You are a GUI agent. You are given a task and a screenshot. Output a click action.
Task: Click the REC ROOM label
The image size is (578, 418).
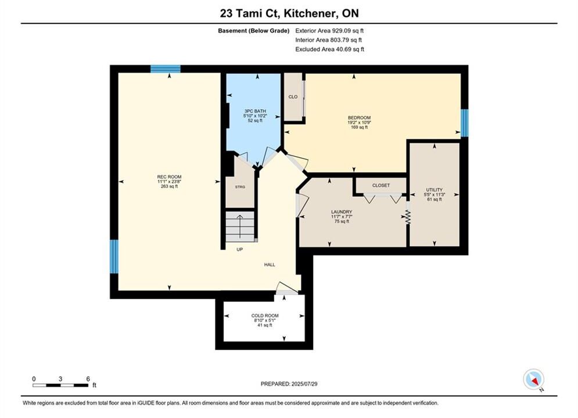point(169,176)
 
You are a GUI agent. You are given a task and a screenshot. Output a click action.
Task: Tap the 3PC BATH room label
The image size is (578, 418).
point(255,111)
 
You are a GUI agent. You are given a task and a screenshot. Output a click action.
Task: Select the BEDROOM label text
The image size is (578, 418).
point(359,118)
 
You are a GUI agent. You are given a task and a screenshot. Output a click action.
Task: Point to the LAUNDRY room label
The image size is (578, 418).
point(342,212)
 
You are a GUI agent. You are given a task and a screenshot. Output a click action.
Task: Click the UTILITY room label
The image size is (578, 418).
point(435,190)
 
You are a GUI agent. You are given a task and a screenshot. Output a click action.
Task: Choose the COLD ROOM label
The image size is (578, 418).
point(265,316)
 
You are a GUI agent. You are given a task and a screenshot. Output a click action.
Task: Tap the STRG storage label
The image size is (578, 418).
point(240,187)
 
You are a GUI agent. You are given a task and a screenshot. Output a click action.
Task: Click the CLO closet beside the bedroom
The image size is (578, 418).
point(293,97)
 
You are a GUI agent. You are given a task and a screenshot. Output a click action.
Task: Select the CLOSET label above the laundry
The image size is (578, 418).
point(381,185)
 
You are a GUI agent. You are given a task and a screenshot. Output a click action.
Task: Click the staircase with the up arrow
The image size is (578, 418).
point(240,226)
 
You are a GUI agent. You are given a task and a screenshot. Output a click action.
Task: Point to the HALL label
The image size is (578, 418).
point(270,264)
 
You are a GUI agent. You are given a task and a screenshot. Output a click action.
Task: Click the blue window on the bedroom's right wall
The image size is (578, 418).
point(465,122)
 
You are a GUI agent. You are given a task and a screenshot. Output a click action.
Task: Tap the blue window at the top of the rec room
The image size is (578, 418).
point(166,69)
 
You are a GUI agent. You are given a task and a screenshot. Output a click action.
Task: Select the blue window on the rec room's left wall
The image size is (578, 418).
point(114,257)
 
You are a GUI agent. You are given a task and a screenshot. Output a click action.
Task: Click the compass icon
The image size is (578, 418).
point(533,379)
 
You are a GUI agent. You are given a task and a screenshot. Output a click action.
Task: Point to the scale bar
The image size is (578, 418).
point(60,385)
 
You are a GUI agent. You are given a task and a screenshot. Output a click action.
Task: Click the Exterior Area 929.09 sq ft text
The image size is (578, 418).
point(329,31)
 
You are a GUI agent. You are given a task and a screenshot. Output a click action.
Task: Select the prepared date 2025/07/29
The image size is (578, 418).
point(304,384)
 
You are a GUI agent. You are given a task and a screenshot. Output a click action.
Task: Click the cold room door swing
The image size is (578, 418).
point(287,288)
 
